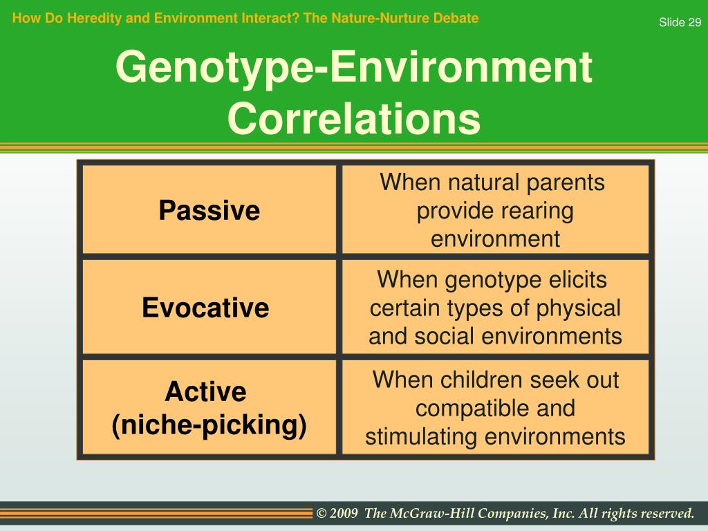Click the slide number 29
(x=694, y=22)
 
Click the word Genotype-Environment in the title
(x=354, y=68)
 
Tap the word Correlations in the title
(x=354, y=118)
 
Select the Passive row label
(x=209, y=210)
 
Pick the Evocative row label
(x=205, y=308)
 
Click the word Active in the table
(x=205, y=391)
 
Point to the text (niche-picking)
(x=209, y=425)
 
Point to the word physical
(x=578, y=309)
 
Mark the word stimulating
(x=421, y=438)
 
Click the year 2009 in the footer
(x=344, y=514)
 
